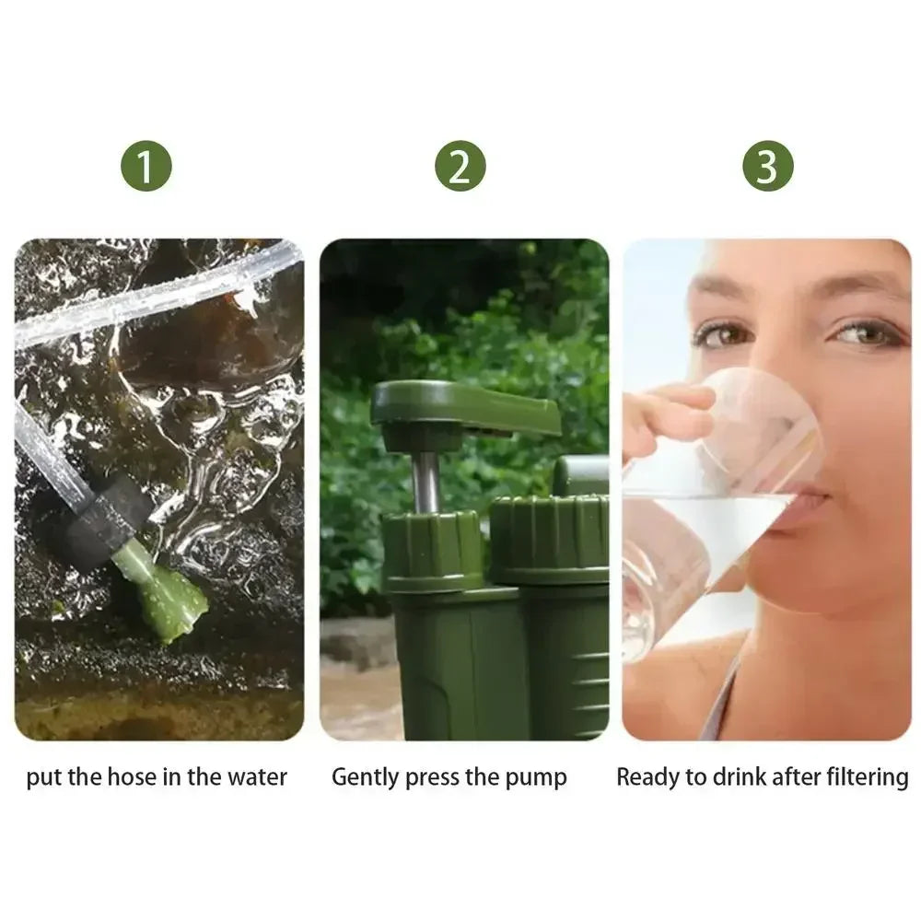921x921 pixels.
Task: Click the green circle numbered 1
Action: (x=146, y=167)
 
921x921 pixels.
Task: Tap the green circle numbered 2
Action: (x=460, y=167)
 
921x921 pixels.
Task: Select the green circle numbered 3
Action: (x=767, y=167)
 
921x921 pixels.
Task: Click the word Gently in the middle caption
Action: (x=366, y=777)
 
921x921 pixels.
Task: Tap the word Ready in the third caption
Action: (x=646, y=777)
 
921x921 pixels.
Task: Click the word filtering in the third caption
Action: (x=864, y=777)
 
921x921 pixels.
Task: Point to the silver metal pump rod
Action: (x=426, y=481)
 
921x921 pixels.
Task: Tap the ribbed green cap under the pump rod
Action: (x=432, y=550)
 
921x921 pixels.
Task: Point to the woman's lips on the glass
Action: (x=804, y=503)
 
